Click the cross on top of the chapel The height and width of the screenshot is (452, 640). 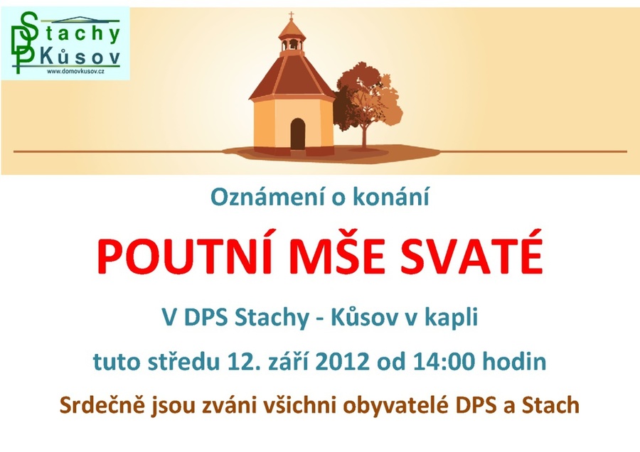[292, 16]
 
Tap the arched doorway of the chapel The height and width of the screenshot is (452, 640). [298, 134]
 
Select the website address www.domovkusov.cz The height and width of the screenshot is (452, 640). [75, 72]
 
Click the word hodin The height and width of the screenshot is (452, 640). [514, 361]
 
